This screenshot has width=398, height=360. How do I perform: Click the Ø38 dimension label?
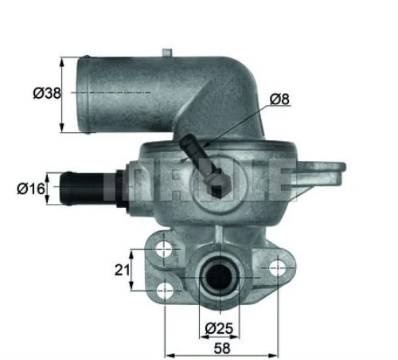(47, 93)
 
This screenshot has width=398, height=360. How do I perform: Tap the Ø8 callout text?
(279, 100)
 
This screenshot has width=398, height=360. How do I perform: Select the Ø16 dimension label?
(31, 189)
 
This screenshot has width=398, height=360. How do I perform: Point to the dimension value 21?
(122, 270)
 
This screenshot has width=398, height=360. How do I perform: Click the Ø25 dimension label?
(219, 328)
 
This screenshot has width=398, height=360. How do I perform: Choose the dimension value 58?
(222, 348)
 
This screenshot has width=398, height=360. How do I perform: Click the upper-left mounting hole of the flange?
(164, 249)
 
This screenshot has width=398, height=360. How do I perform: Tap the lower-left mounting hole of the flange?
(165, 291)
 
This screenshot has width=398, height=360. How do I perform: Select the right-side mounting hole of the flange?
(278, 268)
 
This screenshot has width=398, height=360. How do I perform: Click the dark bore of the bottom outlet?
(220, 277)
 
